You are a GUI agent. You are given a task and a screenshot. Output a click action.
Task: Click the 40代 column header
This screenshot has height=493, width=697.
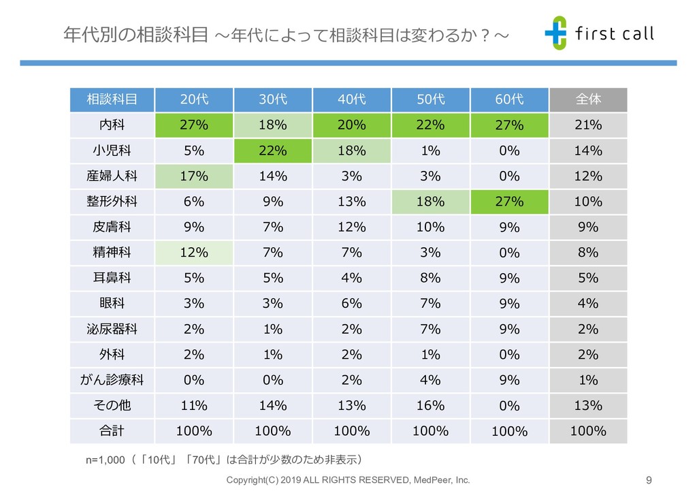[x=352, y=99]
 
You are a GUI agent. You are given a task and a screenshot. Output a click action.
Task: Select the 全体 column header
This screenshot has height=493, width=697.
[x=588, y=99]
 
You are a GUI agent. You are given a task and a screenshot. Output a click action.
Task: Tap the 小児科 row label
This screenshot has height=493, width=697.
[x=112, y=150]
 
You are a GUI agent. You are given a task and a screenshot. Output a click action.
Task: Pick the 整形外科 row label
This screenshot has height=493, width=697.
[x=112, y=202]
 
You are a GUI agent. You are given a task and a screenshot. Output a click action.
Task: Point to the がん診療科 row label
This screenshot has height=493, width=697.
[x=112, y=380]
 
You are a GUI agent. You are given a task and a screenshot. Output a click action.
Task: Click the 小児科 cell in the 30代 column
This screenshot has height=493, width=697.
[x=272, y=150]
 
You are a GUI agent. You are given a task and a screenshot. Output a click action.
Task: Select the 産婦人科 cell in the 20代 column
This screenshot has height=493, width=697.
[x=193, y=176]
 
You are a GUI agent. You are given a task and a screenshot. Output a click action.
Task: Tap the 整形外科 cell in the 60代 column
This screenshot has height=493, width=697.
[x=509, y=202]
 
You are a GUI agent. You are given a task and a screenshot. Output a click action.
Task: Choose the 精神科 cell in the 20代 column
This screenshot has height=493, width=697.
[x=193, y=253]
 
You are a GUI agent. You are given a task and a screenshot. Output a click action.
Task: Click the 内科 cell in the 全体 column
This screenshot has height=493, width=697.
[x=588, y=125]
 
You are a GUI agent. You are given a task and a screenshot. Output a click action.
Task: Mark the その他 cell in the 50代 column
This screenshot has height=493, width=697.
[x=430, y=406]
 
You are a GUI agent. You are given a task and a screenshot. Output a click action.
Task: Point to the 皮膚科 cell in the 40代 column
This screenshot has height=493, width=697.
[x=352, y=227]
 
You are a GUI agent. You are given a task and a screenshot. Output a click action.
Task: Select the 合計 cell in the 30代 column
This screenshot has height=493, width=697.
[x=272, y=431]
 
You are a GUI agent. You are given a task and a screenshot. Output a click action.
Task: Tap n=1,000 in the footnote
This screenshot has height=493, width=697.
[x=105, y=460]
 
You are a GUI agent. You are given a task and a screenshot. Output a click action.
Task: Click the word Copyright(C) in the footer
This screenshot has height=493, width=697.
[x=251, y=480]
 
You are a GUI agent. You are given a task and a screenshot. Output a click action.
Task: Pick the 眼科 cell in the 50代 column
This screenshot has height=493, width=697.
[x=430, y=304]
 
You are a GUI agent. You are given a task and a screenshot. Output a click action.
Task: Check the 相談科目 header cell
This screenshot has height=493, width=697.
[x=112, y=99]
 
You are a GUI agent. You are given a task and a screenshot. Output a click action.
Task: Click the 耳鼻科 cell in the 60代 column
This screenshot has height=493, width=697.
[x=509, y=278]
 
